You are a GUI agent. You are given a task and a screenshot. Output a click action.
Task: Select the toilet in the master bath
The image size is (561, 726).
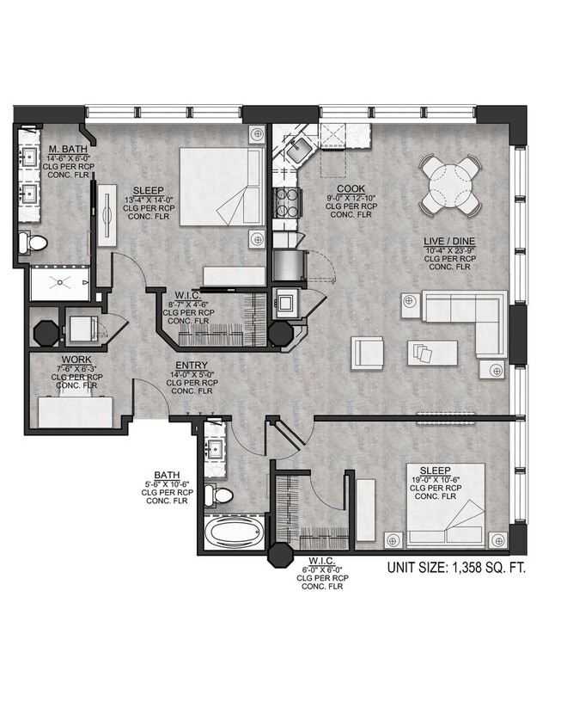click(x=35, y=243)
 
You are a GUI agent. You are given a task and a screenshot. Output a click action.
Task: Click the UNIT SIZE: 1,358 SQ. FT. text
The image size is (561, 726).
click(x=455, y=568)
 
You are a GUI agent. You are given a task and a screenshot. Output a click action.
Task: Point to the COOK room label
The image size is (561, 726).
click(x=351, y=188)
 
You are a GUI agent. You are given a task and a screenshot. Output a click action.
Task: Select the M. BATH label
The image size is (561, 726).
click(x=65, y=150)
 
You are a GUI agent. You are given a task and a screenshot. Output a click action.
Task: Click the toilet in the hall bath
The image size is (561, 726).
click(x=222, y=495)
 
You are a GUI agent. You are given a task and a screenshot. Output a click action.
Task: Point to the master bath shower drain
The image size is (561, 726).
click(x=59, y=280)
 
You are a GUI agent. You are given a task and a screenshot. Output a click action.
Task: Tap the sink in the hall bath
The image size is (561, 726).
click(x=213, y=449)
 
